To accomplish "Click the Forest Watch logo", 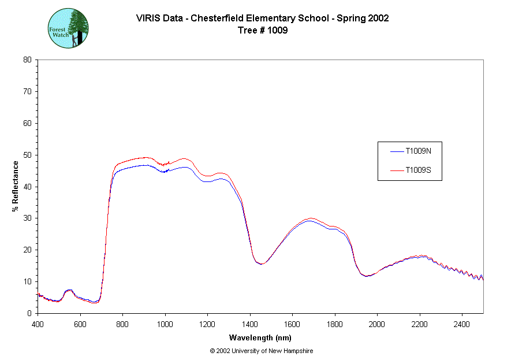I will point(68,28).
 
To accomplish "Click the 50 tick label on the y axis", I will point(27,155).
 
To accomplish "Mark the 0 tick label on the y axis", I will point(29,313).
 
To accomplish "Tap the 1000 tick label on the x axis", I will point(165,324).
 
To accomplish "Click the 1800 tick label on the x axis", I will point(335,324).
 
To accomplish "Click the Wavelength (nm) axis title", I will point(260,337).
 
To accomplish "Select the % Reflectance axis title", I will point(16,186).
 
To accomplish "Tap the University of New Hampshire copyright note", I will point(262,351).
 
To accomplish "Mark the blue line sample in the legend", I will point(396,151).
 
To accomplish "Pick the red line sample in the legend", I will point(396,170).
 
